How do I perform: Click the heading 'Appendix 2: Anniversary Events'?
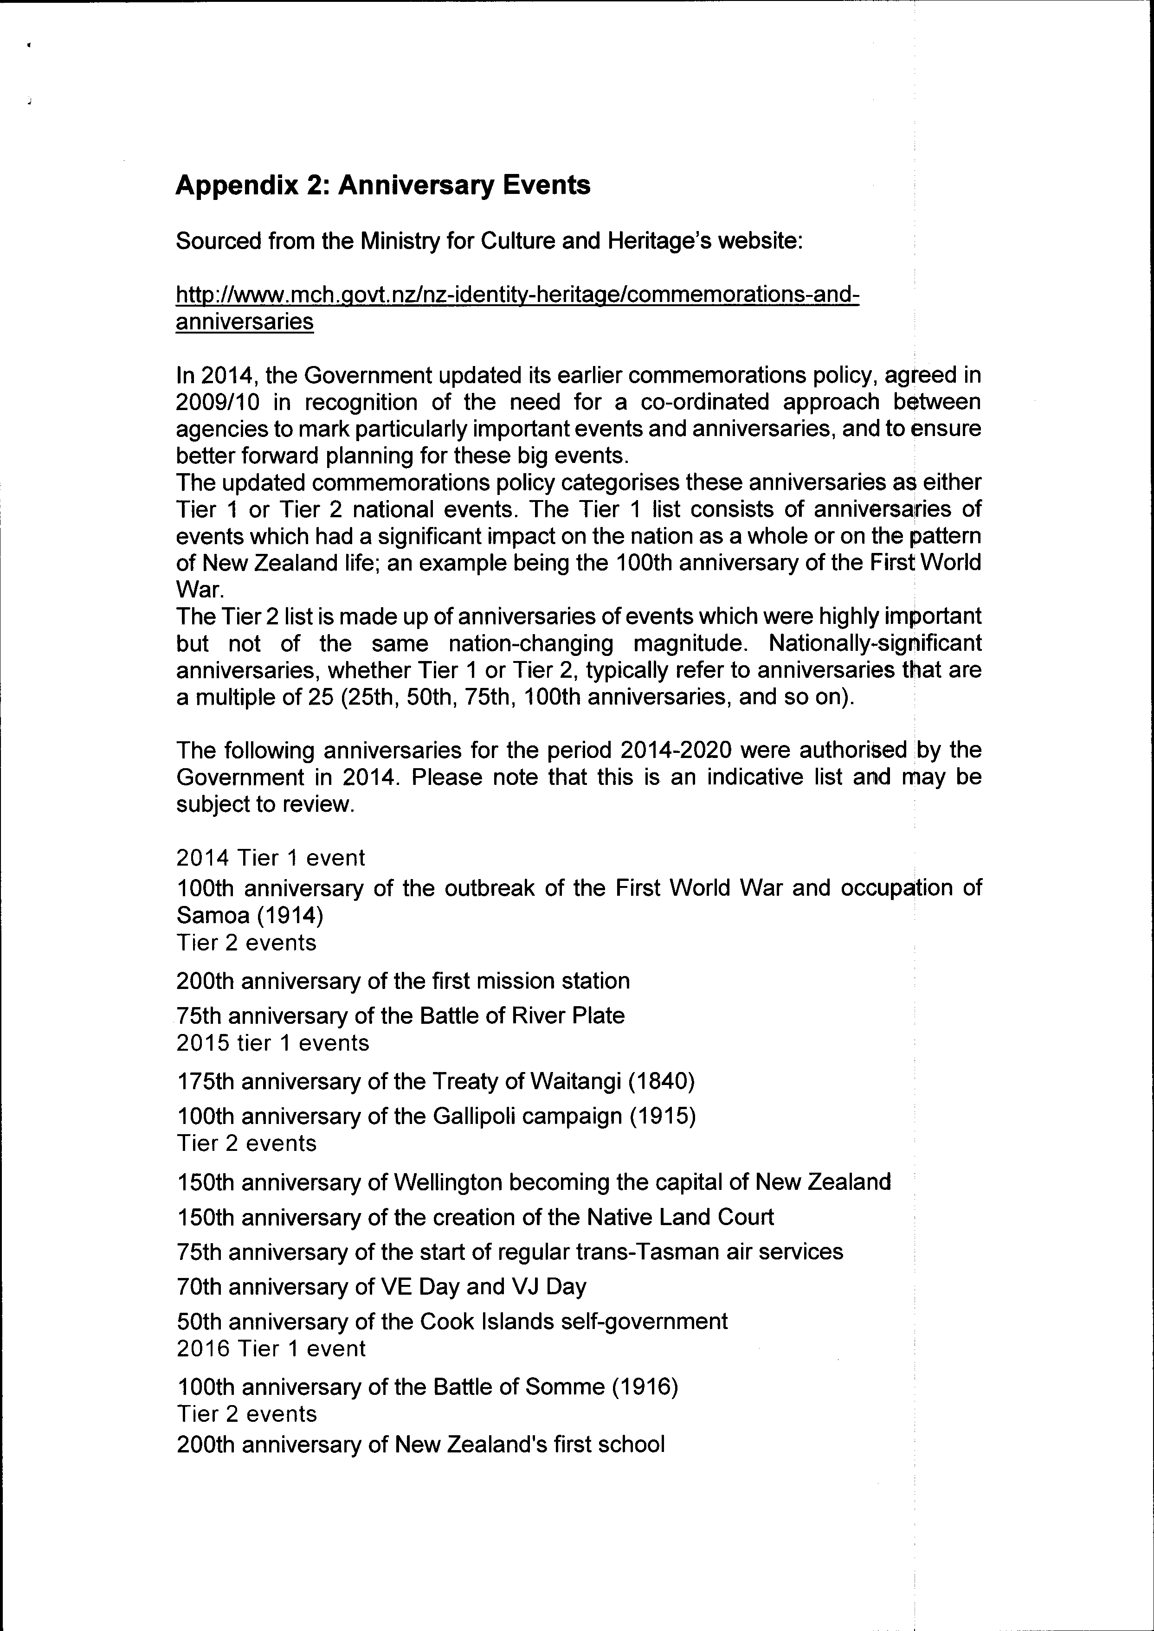coord(382,186)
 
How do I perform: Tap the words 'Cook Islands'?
coord(488,1321)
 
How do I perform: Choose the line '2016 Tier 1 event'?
coord(271,1348)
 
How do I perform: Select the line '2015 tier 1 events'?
coord(273,1043)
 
